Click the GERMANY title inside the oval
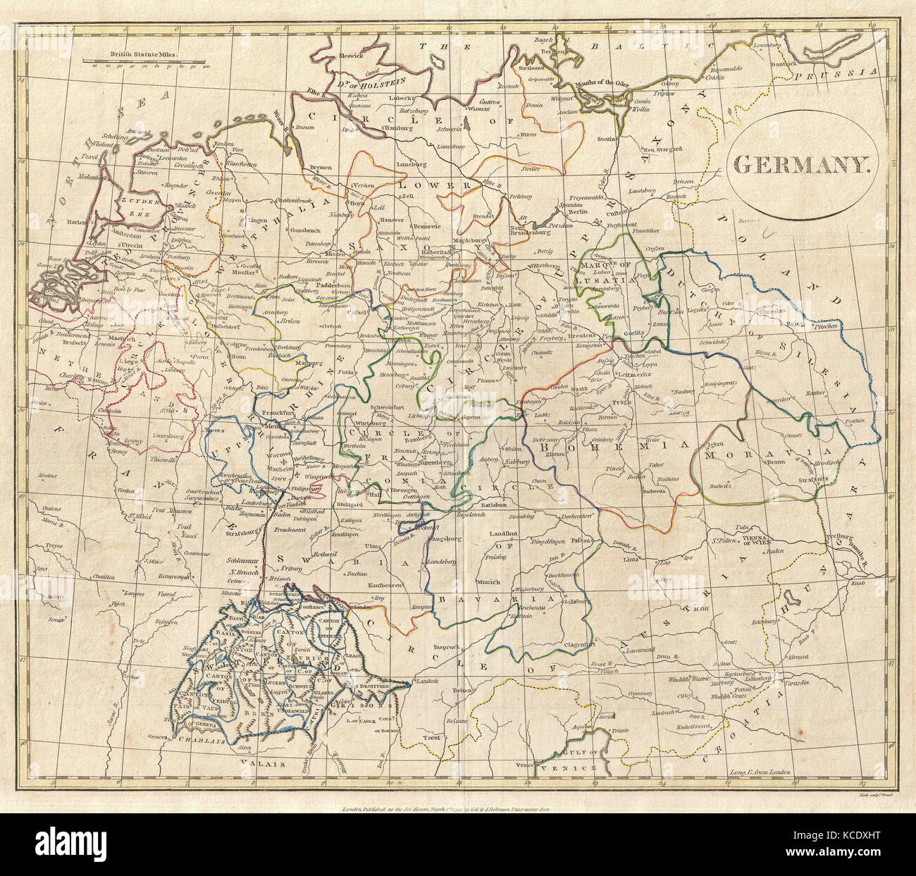[802, 165]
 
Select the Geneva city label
[161, 738]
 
